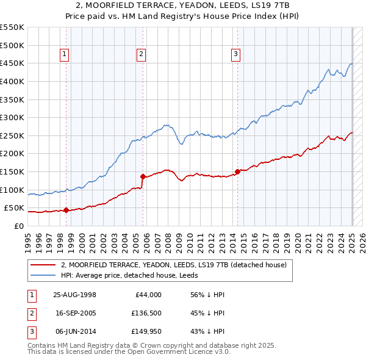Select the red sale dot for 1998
(x=66, y=210)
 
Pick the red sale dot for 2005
(x=142, y=176)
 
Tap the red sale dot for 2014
(x=237, y=171)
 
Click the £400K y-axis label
(x=12, y=81)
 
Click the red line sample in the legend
(x=43, y=265)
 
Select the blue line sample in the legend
(x=43, y=275)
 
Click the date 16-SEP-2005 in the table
(x=75, y=313)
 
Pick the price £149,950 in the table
(x=146, y=331)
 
